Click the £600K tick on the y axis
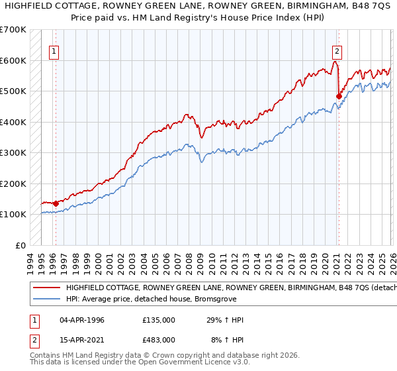[x=13, y=60]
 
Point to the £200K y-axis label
[x=13, y=184]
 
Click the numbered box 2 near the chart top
[x=337, y=50]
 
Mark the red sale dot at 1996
[x=56, y=203]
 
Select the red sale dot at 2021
[x=338, y=96]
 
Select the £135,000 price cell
[x=159, y=320]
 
